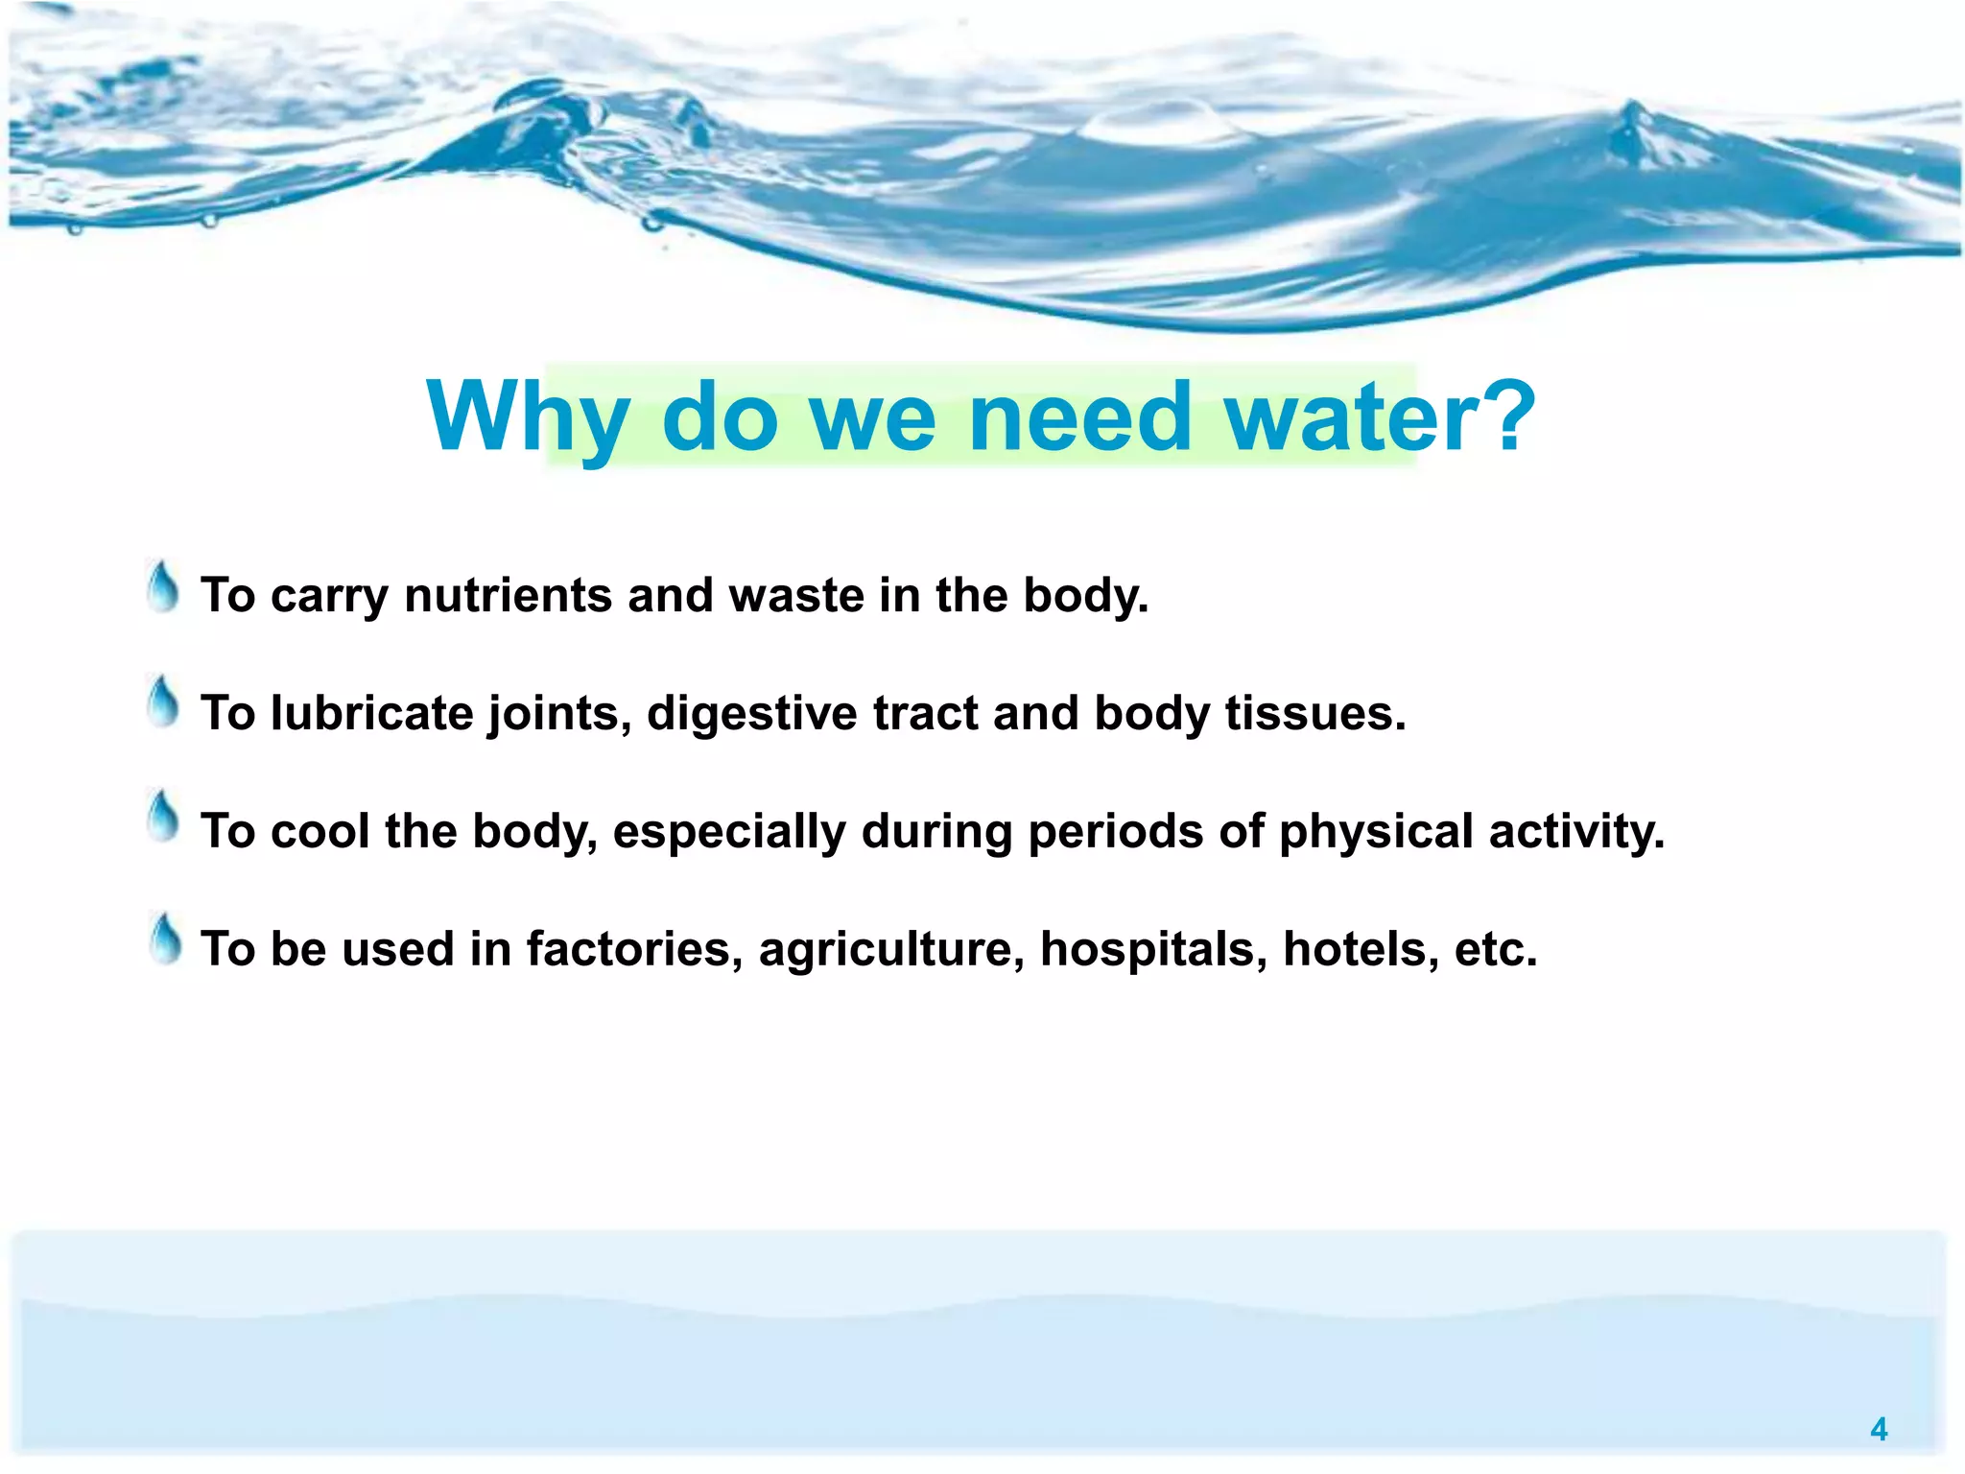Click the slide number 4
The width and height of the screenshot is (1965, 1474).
click(1878, 1430)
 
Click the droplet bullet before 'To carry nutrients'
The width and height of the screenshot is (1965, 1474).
click(164, 587)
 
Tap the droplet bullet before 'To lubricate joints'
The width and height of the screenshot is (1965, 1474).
click(164, 702)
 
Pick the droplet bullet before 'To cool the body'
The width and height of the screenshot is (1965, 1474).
click(164, 818)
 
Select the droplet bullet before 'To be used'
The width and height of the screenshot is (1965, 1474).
click(165, 939)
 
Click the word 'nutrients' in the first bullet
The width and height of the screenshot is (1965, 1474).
click(508, 596)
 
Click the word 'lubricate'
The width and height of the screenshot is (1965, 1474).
click(371, 714)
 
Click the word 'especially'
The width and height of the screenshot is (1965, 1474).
click(728, 833)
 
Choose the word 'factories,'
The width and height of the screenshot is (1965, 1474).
click(634, 950)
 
